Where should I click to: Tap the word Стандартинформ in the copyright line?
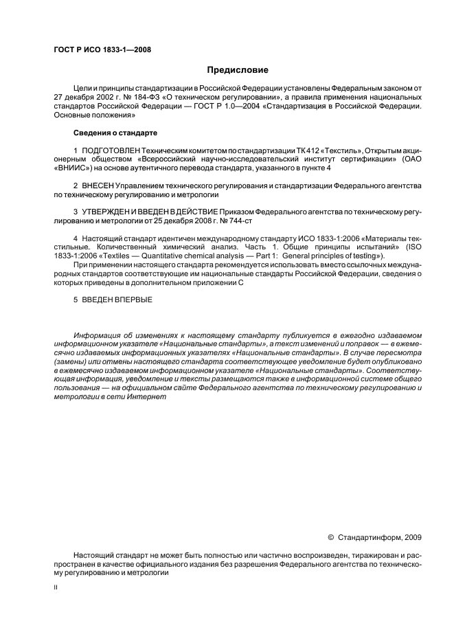[x=370, y=537]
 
